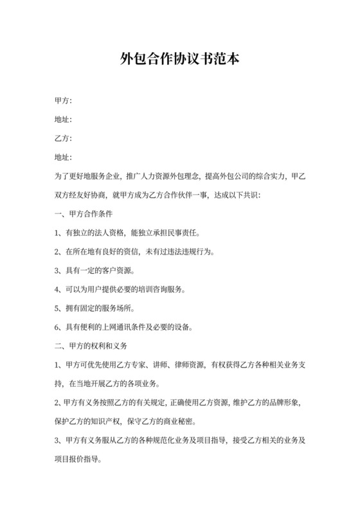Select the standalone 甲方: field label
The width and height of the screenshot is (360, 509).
pos(63,101)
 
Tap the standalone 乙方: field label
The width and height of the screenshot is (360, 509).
pos(63,138)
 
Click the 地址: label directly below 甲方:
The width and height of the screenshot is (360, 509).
pos(63,120)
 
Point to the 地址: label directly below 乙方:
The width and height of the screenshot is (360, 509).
pos(63,157)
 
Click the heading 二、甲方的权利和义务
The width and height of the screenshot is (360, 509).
pos(91,345)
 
